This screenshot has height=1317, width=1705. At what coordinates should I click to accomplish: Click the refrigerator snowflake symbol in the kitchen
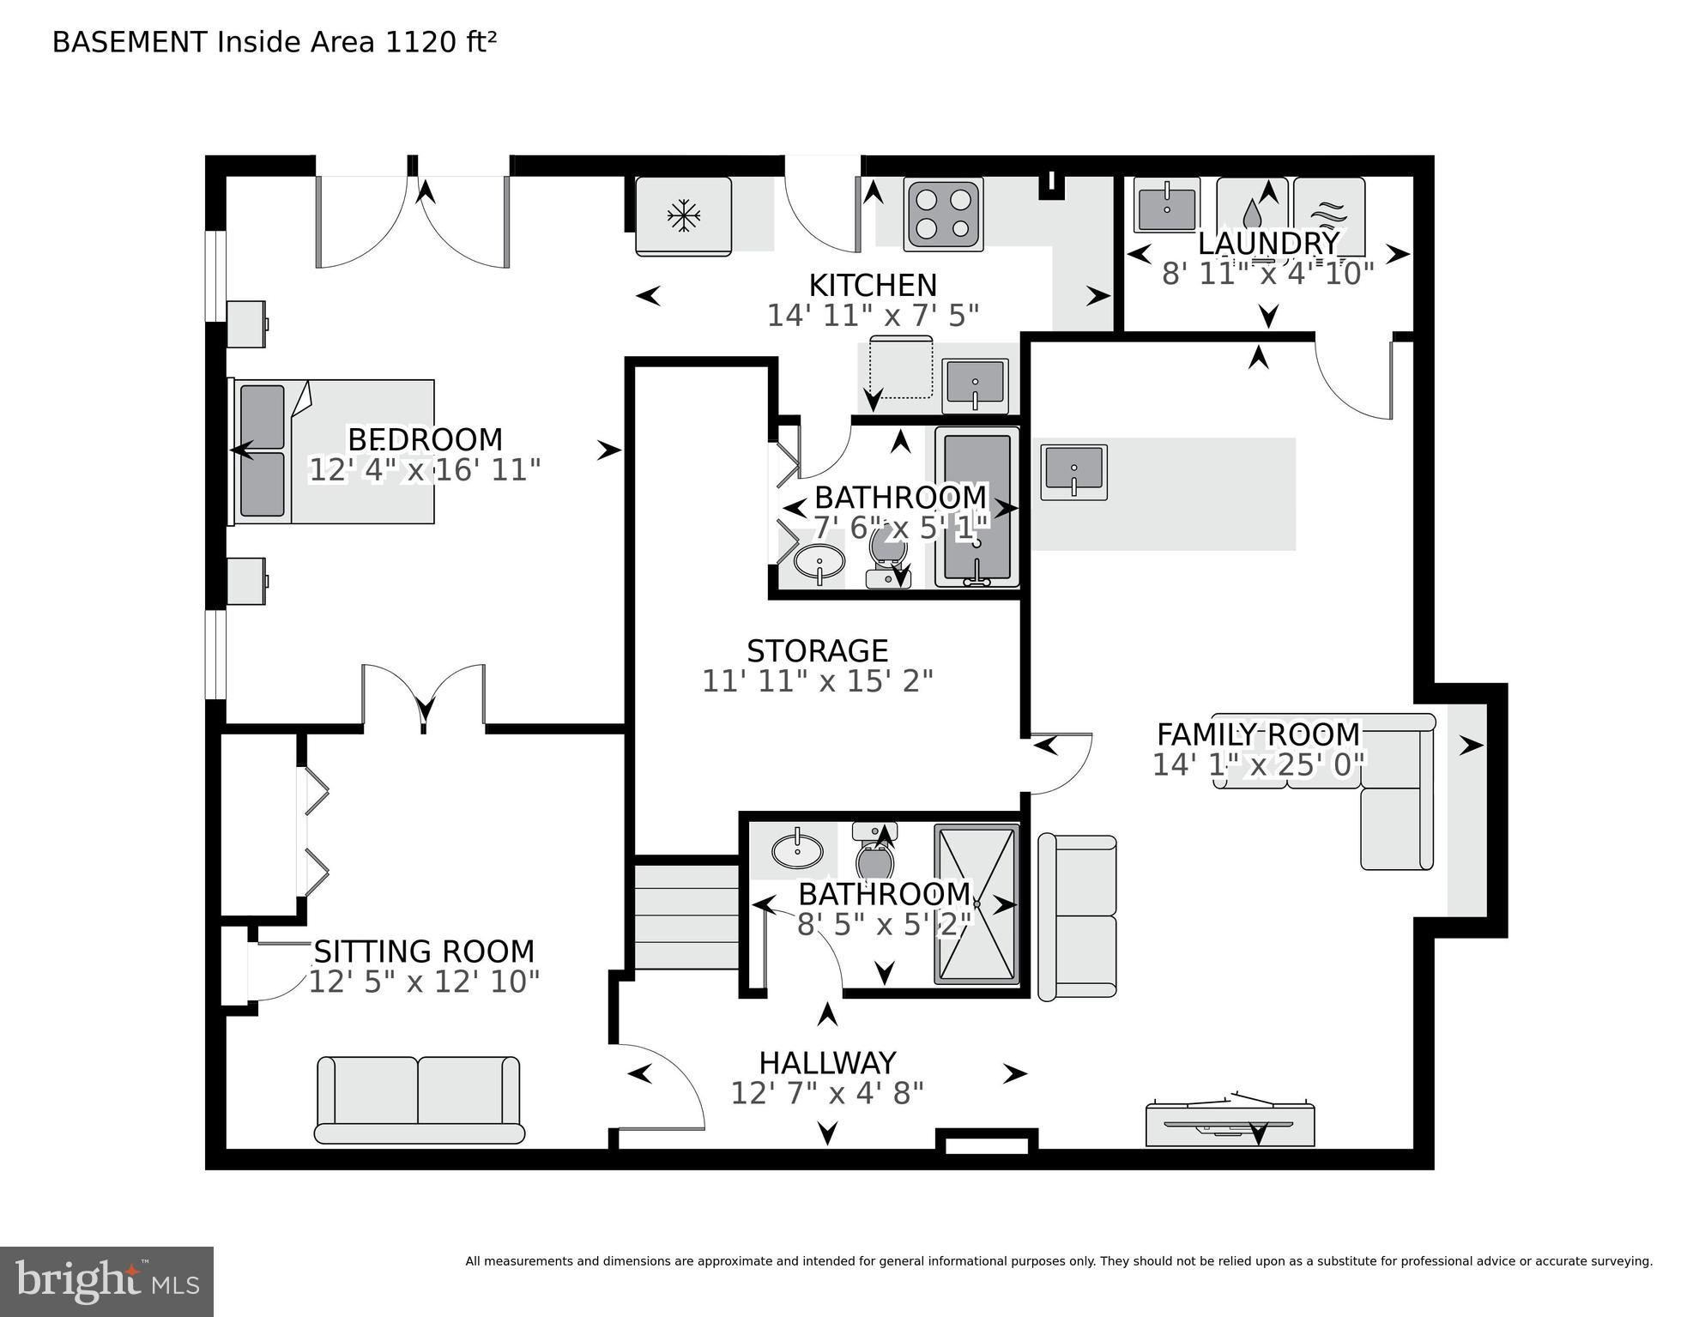[683, 215]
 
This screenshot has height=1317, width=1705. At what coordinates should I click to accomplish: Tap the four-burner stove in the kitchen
[943, 214]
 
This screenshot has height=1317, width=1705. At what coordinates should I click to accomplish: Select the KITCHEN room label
[873, 285]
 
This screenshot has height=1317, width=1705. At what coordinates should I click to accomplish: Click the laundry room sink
[1166, 205]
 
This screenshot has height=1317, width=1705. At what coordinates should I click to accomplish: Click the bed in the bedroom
[335, 452]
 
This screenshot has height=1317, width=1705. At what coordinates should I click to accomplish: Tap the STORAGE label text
[817, 651]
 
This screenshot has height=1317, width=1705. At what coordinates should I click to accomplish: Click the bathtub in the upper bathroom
[976, 506]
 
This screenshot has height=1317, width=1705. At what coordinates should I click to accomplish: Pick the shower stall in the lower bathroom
[976, 904]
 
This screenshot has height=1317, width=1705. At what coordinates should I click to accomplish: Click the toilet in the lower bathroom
[874, 853]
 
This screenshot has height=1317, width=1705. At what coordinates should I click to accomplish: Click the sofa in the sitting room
[418, 1100]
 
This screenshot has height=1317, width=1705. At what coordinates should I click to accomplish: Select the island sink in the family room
[1073, 472]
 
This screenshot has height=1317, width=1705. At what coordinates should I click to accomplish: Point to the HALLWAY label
[827, 1063]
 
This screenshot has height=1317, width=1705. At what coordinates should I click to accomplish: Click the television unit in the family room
[1230, 1124]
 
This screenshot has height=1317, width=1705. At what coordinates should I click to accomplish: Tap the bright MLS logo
[106, 1281]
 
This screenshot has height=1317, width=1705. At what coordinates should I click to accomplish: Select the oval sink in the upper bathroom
[819, 562]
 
